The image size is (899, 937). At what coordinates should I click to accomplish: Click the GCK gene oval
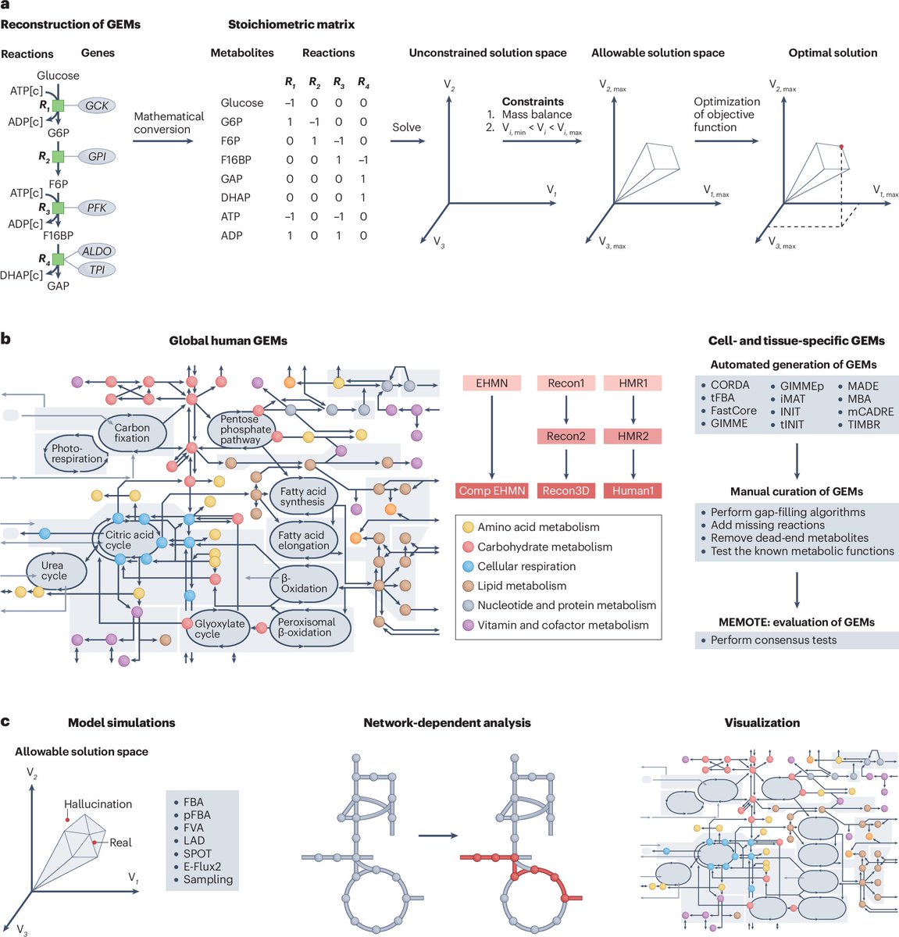pos(97,105)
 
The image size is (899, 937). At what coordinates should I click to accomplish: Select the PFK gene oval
pos(97,208)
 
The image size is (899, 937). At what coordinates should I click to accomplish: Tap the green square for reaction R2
pos(57,157)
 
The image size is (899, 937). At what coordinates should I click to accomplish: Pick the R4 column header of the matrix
pos(363,82)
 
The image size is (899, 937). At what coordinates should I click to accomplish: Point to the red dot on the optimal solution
pos(840,147)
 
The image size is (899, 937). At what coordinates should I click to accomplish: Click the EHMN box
pos(491,383)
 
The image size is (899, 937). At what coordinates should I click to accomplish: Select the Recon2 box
pos(565,436)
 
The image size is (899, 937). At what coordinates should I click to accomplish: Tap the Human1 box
pos(633,490)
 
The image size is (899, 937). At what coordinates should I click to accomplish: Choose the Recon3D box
pos(565,490)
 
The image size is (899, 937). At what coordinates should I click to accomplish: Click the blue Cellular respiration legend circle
pos(468,566)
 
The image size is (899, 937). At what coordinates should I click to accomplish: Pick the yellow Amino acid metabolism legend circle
pos(468,527)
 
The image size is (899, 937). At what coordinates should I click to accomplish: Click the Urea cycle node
pos(54,570)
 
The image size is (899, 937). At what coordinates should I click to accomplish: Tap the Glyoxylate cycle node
pos(219,629)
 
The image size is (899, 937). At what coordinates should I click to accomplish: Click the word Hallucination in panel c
pos(98,803)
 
